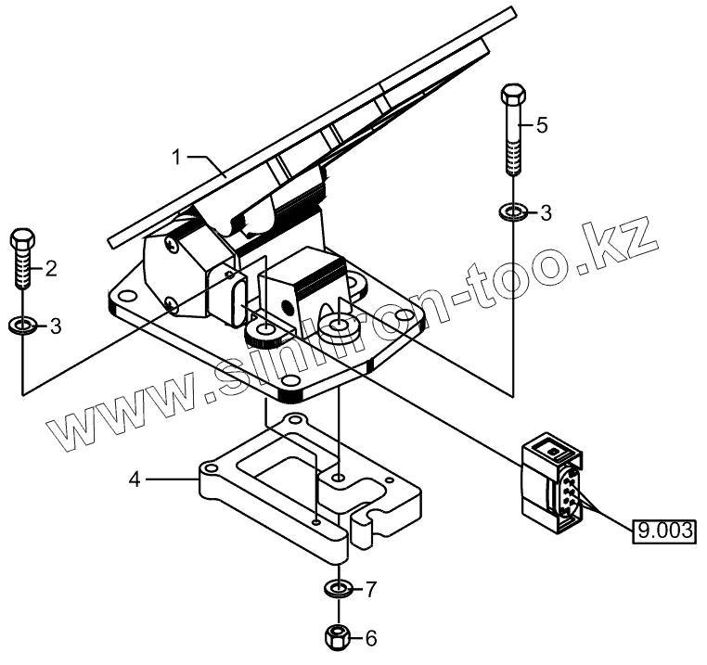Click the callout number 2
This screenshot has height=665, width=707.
[51, 269]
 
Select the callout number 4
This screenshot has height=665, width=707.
[135, 480]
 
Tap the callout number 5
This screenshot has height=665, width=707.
[543, 123]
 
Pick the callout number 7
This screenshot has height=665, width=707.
[371, 588]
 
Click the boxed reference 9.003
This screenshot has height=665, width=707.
[663, 531]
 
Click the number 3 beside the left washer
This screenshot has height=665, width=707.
[56, 326]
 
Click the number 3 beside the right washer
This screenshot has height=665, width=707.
[546, 213]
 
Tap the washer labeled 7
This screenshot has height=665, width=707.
[339, 588]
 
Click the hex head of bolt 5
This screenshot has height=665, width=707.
[513, 96]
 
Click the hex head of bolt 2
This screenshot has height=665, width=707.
[22, 240]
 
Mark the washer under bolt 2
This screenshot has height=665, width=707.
[22, 326]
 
